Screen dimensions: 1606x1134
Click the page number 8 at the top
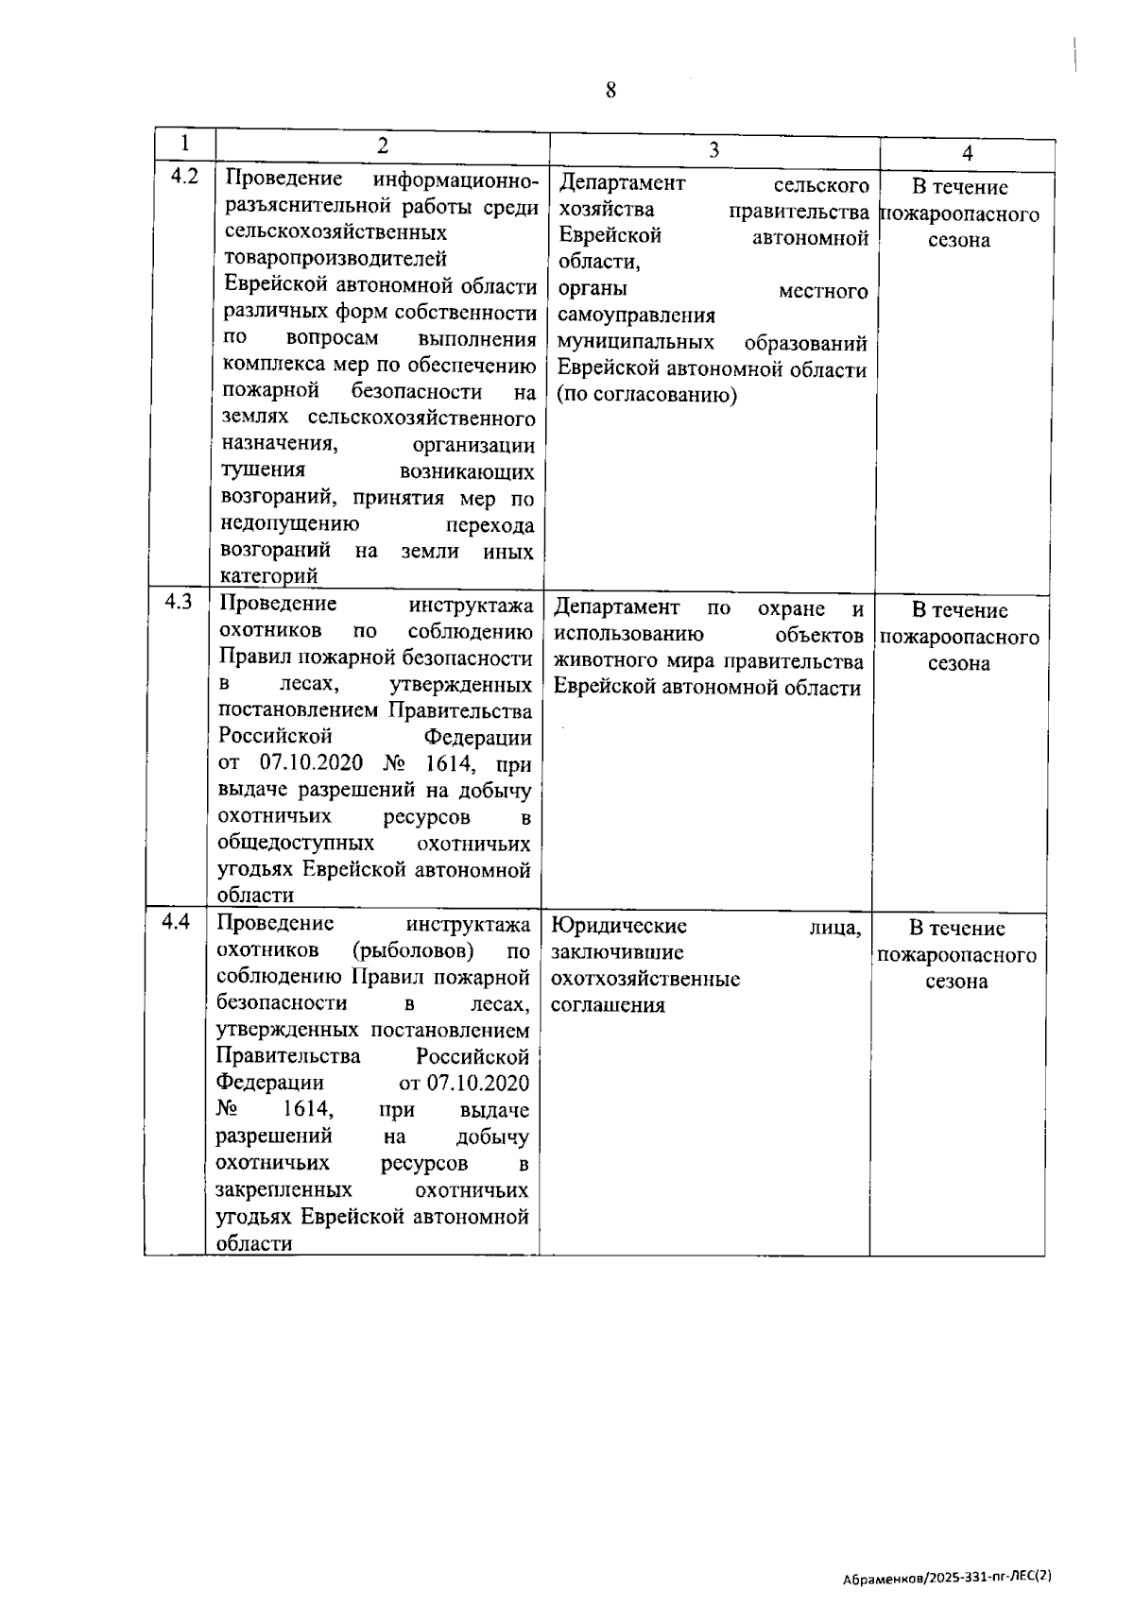pos(610,91)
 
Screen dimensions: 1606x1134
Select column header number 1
pos(185,144)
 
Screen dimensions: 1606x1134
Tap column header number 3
pos(713,149)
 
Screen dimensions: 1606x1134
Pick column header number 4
pos(967,153)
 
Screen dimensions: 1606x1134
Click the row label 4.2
pos(184,176)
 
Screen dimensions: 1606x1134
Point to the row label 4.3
pos(179,602)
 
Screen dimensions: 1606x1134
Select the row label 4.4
pos(177,921)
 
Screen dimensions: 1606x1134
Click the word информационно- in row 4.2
pos(455,180)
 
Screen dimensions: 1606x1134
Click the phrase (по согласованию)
pos(646,395)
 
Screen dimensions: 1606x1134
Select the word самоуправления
pos(636,316)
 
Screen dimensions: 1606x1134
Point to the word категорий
pos(268,576)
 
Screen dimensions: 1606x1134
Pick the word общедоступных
pos(296,843)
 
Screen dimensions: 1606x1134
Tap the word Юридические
pos(619,926)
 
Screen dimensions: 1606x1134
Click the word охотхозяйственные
pos(645,979)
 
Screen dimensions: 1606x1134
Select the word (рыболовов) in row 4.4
pos(413,950)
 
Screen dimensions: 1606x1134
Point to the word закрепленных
pos(283,1190)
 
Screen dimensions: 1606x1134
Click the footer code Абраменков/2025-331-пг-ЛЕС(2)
pos(948,1578)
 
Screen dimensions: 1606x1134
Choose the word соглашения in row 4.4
pos(608,1005)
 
